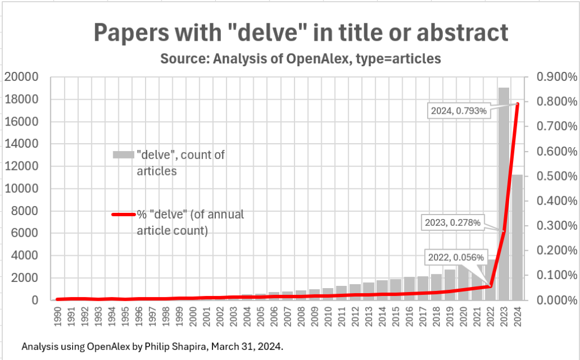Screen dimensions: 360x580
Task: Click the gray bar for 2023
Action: pos(503,170)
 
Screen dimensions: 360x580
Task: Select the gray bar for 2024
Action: pos(517,238)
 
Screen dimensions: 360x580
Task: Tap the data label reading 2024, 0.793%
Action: pos(458,111)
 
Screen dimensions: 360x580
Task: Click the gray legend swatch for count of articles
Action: pos(123,155)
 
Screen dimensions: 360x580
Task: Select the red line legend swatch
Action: pos(123,215)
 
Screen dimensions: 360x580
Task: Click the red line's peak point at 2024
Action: pos(517,104)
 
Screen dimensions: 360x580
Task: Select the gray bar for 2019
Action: pos(449,286)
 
